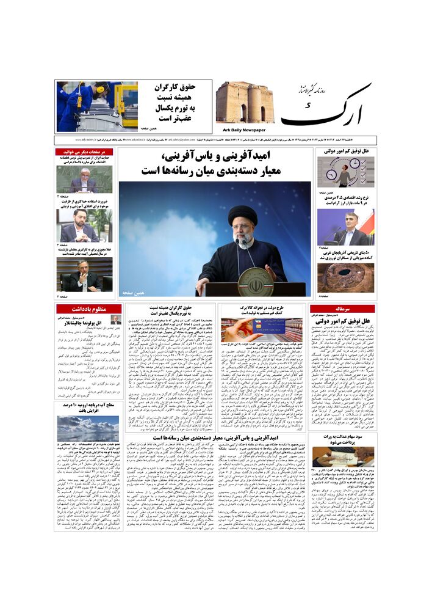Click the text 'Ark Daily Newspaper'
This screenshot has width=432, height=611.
244,129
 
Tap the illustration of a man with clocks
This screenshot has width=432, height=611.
345,173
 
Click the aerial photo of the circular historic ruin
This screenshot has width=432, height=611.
345,276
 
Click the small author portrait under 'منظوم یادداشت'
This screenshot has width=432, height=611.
116,320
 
